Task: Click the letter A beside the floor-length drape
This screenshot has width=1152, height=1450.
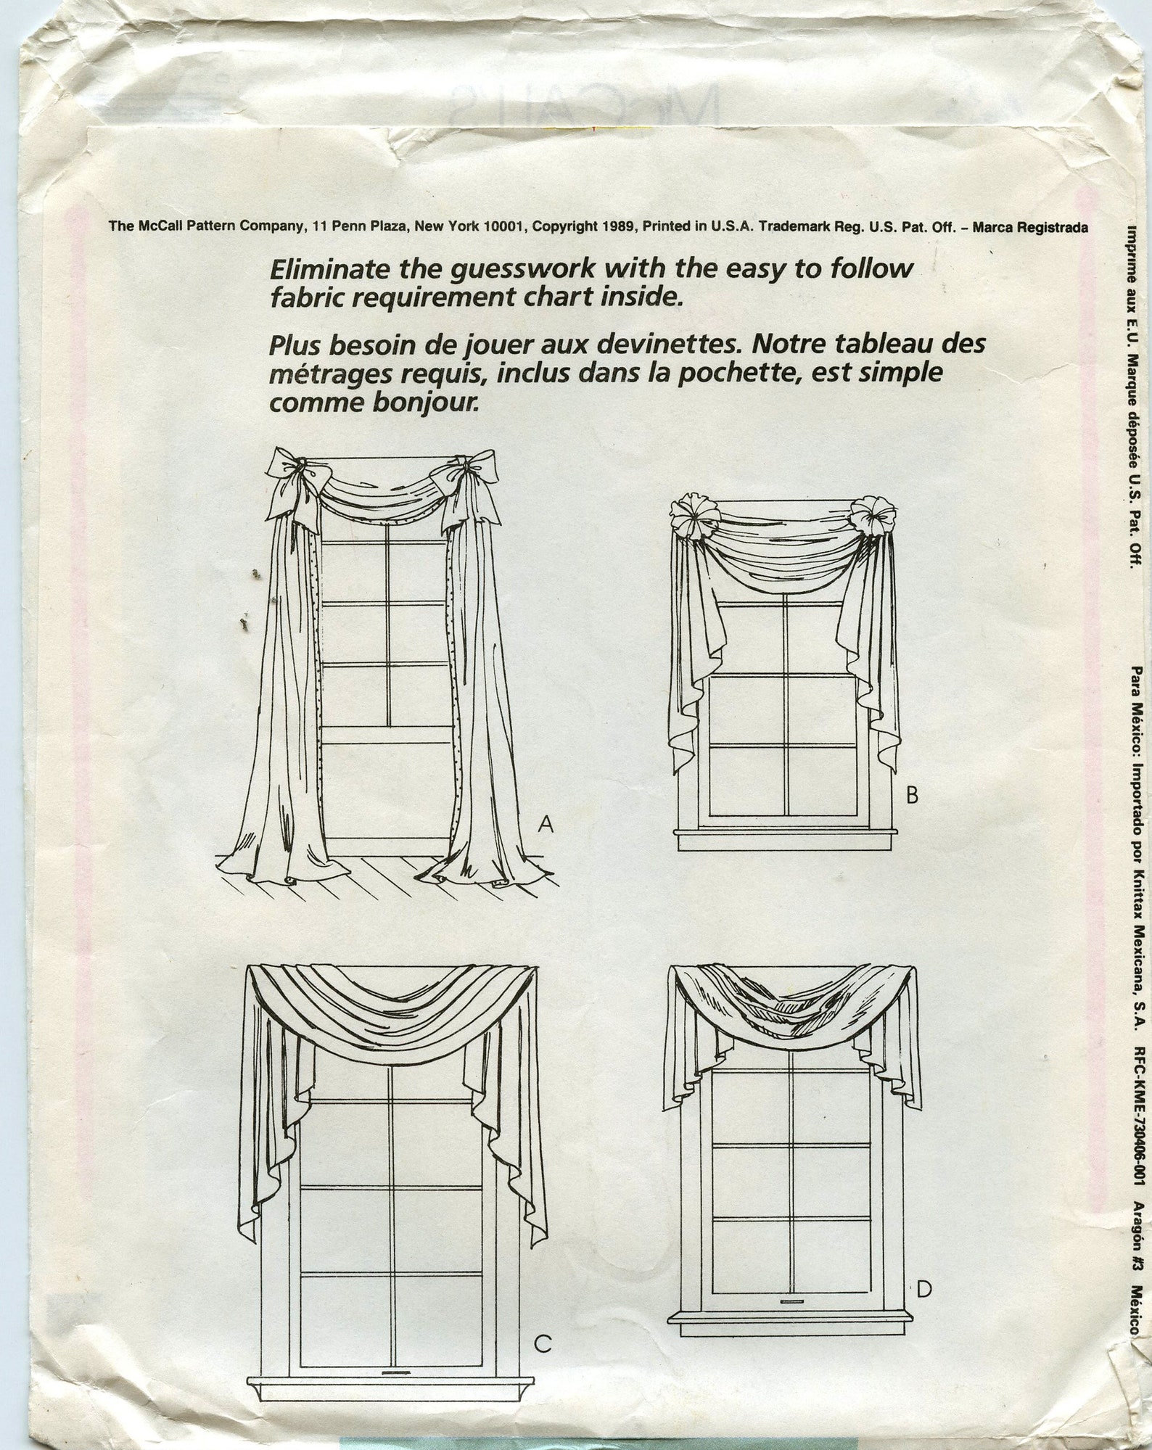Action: (546, 824)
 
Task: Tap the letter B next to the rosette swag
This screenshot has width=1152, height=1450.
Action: (912, 796)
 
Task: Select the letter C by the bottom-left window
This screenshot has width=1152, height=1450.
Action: (543, 1344)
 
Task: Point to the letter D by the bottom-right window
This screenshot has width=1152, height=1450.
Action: (923, 1289)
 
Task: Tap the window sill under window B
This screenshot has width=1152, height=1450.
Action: (783, 840)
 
